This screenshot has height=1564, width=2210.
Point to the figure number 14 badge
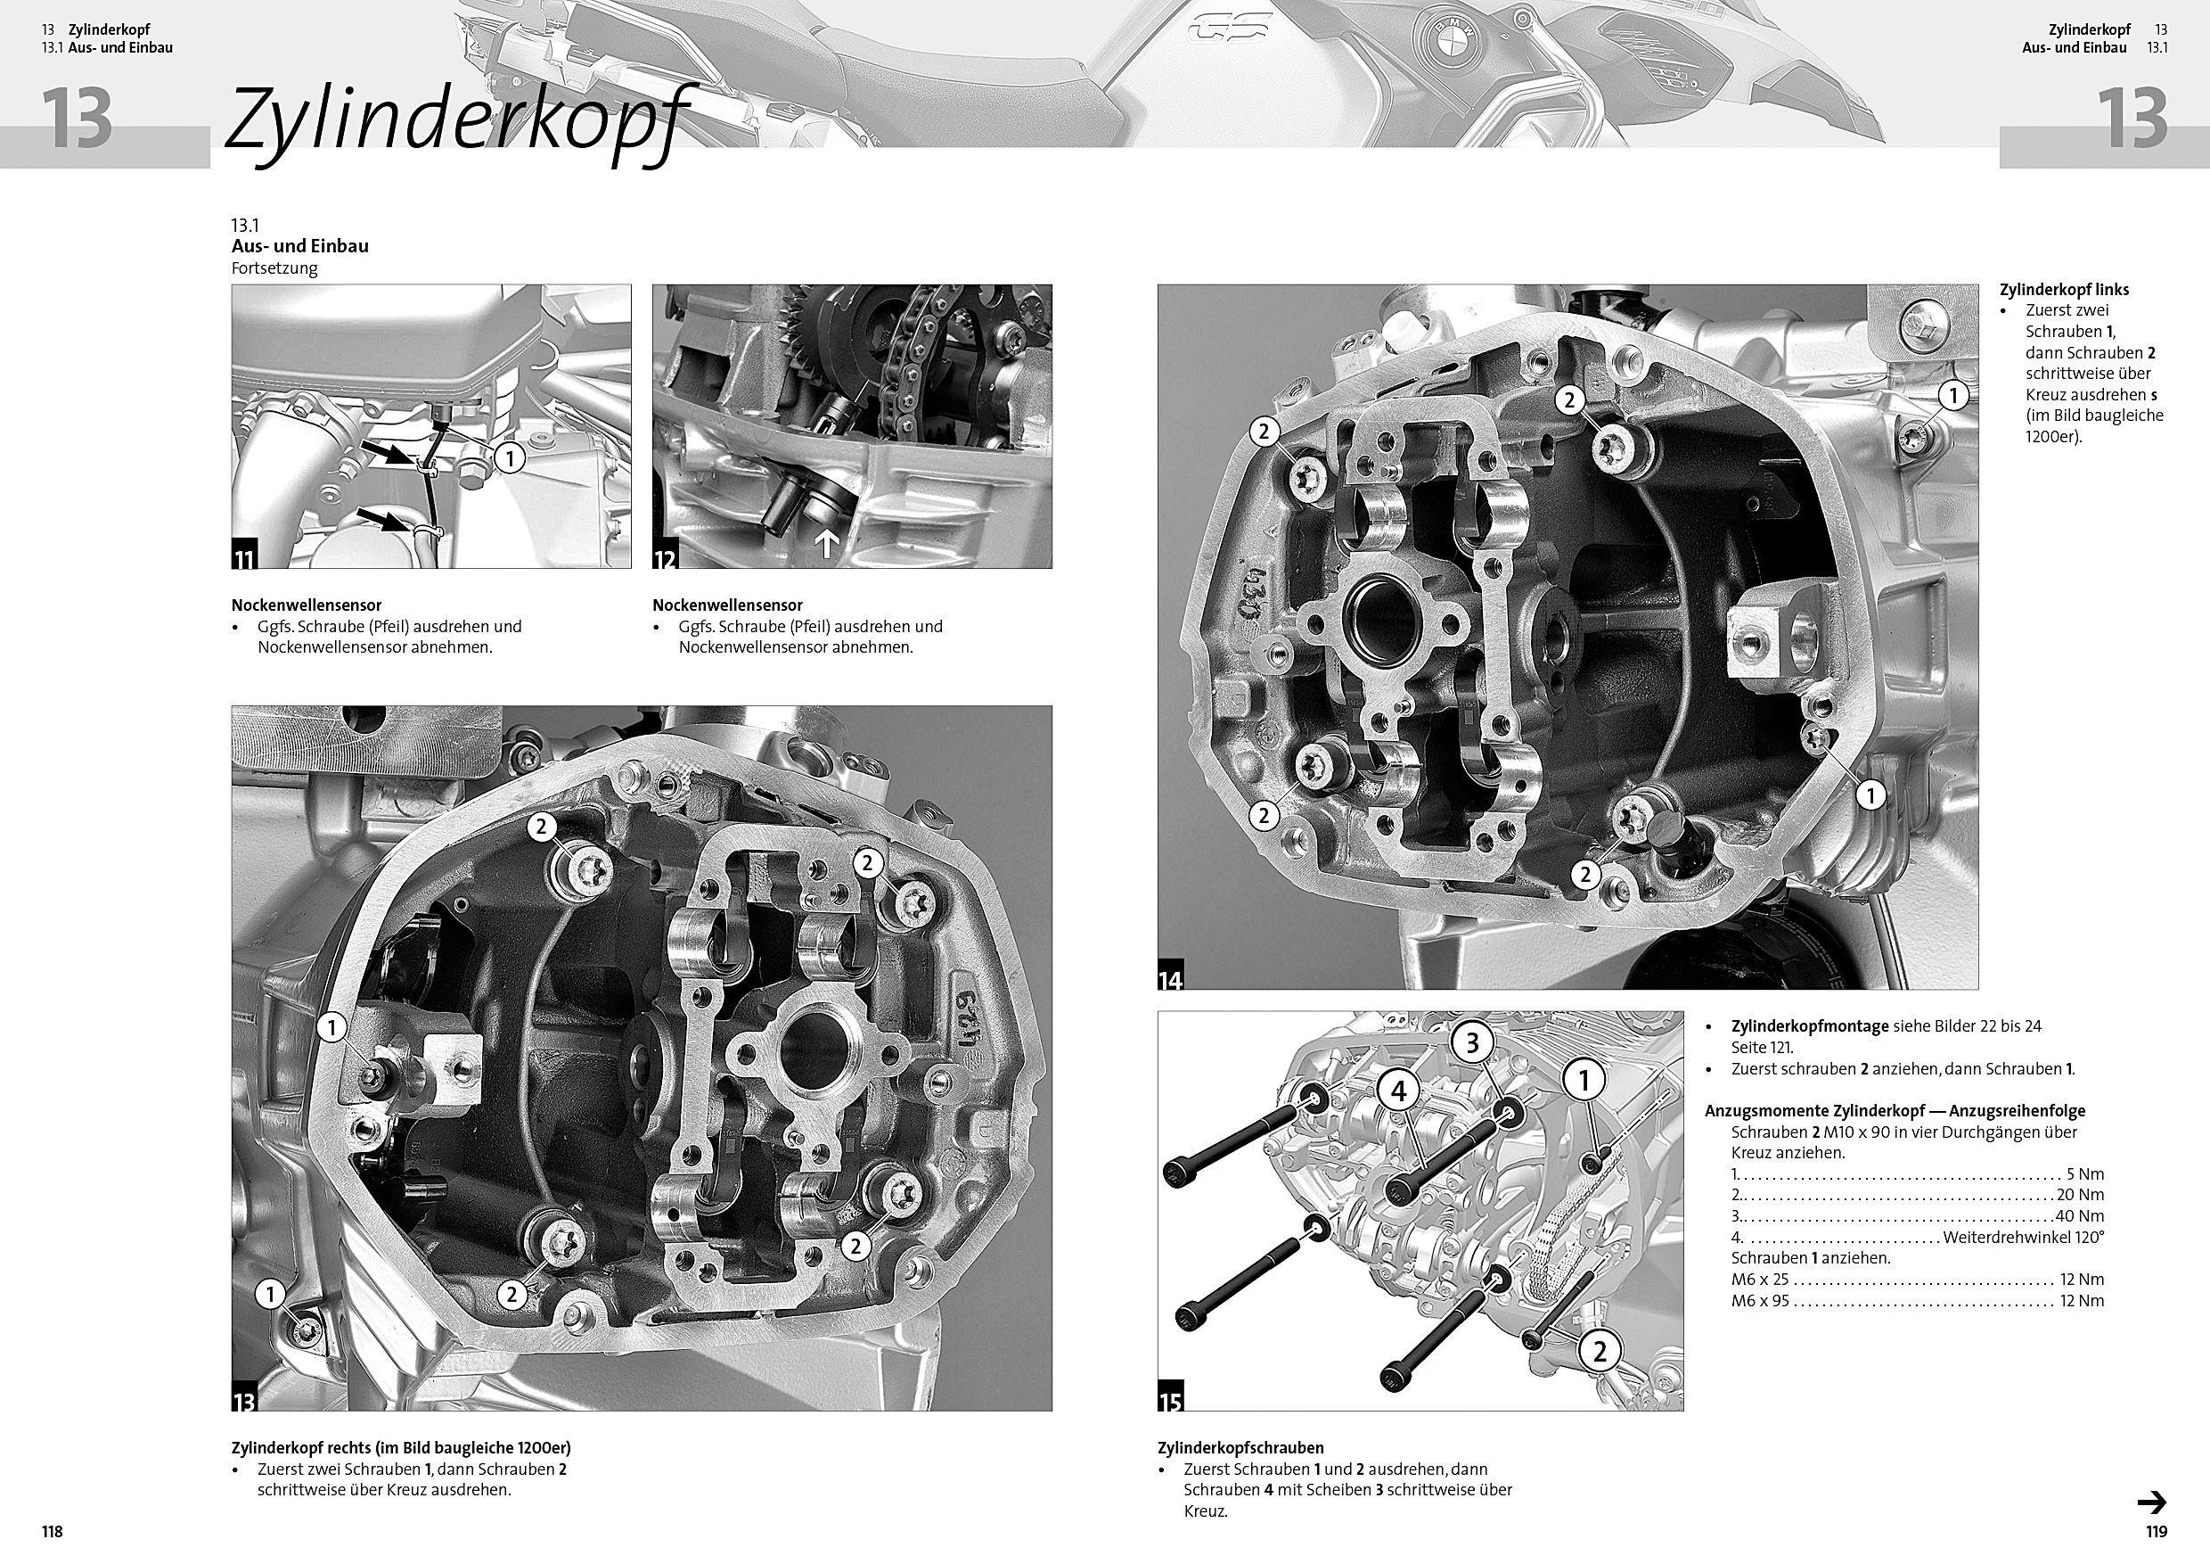point(1170,978)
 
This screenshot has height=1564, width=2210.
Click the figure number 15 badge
point(1170,1399)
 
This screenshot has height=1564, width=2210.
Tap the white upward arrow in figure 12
point(827,544)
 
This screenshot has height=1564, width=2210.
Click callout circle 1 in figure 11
point(509,457)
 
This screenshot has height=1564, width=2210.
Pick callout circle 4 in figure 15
point(1398,1091)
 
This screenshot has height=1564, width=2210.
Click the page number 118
point(52,1531)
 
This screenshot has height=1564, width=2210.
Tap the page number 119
point(2155,1531)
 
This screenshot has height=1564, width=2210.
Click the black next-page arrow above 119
point(2152,1502)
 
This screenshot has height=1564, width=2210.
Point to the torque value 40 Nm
point(2084,1216)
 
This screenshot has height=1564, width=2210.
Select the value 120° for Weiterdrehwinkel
point(2088,1238)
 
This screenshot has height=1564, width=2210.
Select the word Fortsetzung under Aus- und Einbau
point(274,268)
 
